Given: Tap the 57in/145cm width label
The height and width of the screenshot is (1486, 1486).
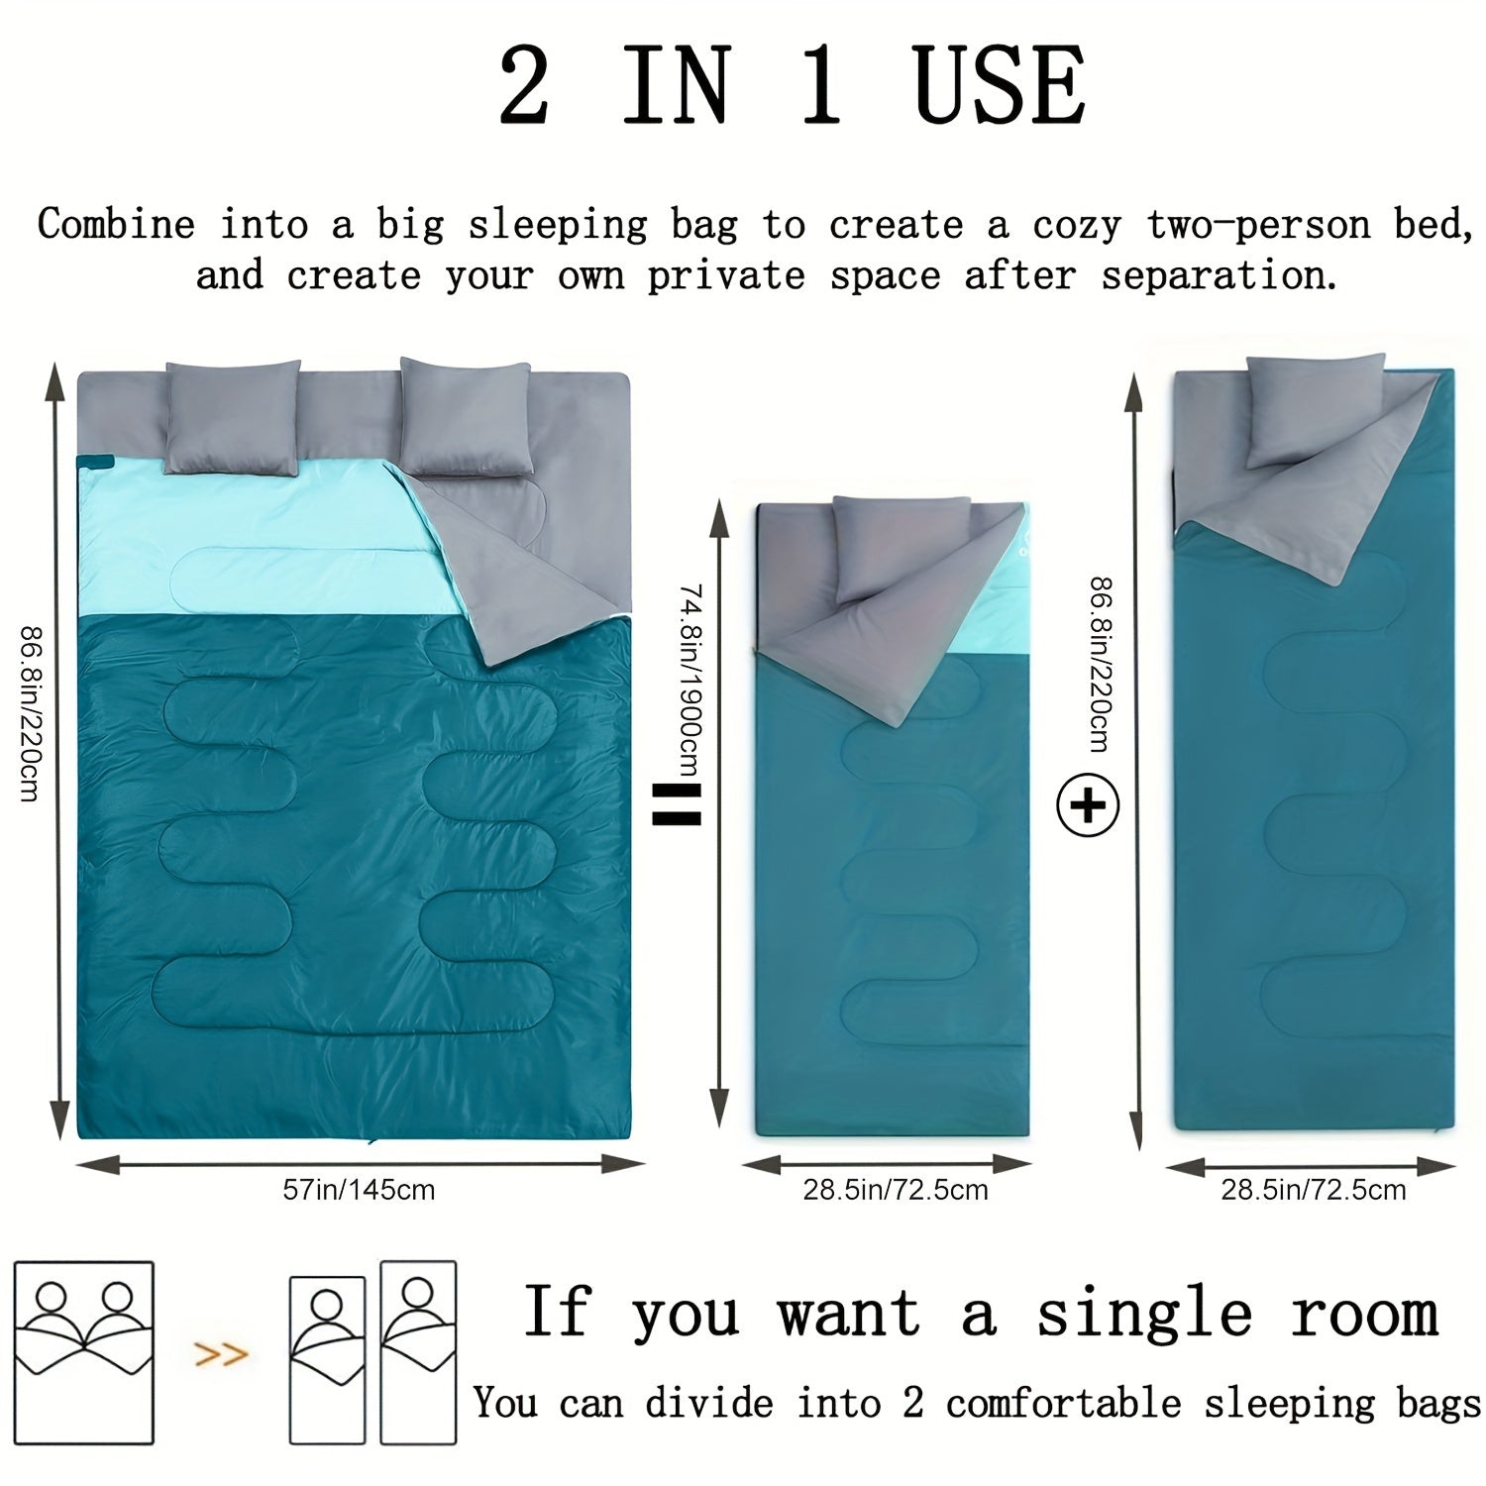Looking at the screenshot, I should pos(359,1189).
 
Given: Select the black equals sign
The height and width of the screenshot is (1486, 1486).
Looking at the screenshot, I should pos(677,804).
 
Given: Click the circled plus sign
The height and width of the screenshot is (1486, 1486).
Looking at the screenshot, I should pos(1088,805).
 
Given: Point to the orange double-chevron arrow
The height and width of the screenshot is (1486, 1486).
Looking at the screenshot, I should pos(220,1353).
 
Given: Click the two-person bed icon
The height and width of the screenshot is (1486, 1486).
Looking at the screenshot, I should pos(84,1351).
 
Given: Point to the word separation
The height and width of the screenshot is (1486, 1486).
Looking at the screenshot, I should pos(1219,274).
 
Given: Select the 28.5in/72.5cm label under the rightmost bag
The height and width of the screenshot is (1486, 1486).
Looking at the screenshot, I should pos(1313,1189).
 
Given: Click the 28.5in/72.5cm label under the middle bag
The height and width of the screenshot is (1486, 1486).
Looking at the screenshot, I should pos(895,1189).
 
